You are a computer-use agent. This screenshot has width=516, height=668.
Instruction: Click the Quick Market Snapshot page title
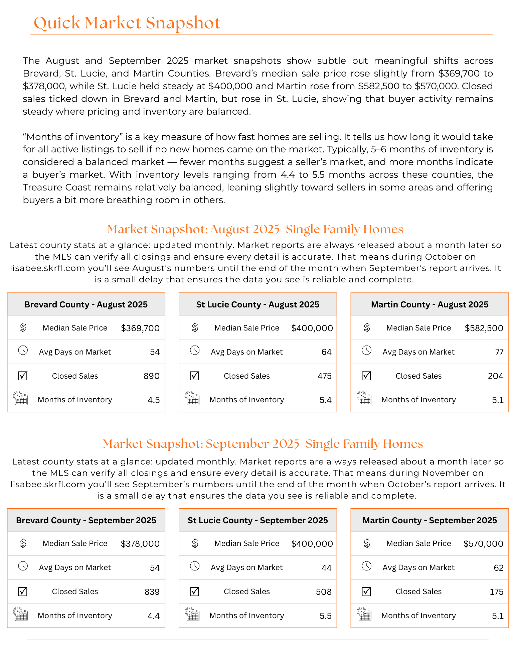pyautogui.click(x=127, y=23)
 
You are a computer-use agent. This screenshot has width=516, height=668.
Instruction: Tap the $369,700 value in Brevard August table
pyautogui.click(x=140, y=328)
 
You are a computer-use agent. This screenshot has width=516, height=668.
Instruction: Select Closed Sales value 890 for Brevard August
pyautogui.click(x=151, y=376)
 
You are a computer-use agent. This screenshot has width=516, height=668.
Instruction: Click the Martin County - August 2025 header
pyautogui.click(x=429, y=304)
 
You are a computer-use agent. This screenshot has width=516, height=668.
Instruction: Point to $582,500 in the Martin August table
pyautogui.click(x=484, y=328)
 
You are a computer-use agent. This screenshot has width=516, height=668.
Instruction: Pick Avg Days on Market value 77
pyautogui.click(x=499, y=352)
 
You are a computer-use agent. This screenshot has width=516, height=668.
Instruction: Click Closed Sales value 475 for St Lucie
pyautogui.click(x=324, y=376)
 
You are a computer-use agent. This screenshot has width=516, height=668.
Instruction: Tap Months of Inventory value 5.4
pyautogui.click(x=325, y=400)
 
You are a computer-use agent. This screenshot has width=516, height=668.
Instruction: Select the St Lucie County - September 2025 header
pyautogui.click(x=257, y=520)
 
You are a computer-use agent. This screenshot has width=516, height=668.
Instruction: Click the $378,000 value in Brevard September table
pyautogui.click(x=140, y=544)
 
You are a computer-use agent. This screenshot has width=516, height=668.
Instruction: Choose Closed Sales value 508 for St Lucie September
pyautogui.click(x=324, y=592)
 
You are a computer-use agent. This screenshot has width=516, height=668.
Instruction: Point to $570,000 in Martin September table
pyautogui.click(x=483, y=544)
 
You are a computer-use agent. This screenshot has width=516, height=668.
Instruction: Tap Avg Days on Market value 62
pyautogui.click(x=498, y=568)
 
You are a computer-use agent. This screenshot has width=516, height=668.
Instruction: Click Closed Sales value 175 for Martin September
pyautogui.click(x=496, y=592)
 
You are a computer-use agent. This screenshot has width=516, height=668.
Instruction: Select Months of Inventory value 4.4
pyautogui.click(x=154, y=616)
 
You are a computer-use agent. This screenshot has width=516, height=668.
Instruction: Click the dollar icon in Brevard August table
pyautogui.click(x=23, y=327)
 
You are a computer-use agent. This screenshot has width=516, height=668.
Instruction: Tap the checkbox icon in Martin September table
pyautogui.click(x=366, y=591)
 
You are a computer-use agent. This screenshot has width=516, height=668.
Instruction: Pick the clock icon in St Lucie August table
pyautogui.click(x=195, y=351)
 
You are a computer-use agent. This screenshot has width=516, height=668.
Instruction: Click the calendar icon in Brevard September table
pyautogui.click(x=21, y=614)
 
